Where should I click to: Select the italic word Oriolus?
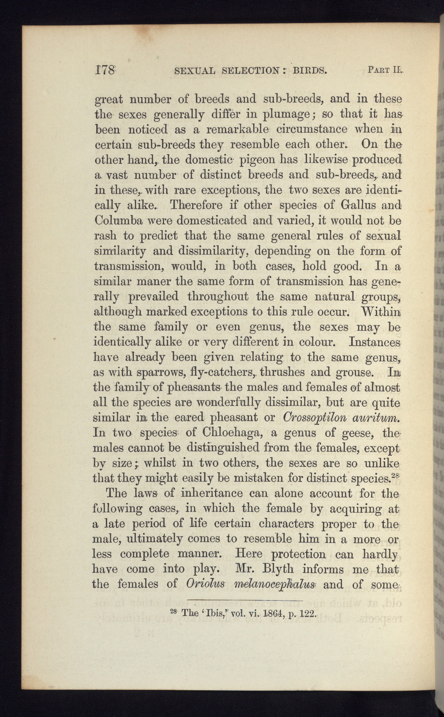point(206,584)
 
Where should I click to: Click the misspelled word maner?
point(151,282)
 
